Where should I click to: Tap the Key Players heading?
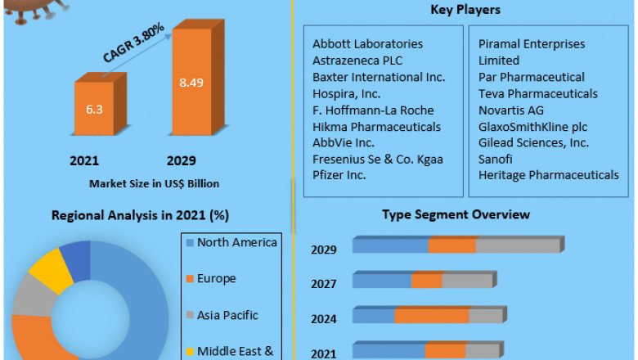click(465, 10)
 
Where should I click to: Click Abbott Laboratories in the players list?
click(367, 43)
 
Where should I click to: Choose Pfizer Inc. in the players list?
click(339, 175)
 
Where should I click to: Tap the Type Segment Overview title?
click(456, 214)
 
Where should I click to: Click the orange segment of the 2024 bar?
click(432, 316)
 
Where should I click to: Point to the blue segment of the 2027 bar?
click(382, 281)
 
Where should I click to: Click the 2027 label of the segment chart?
click(323, 284)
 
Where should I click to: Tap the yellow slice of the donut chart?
click(47, 269)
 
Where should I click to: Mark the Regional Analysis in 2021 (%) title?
click(140, 216)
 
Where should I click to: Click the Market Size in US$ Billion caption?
click(154, 183)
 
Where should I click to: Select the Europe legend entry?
click(216, 278)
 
